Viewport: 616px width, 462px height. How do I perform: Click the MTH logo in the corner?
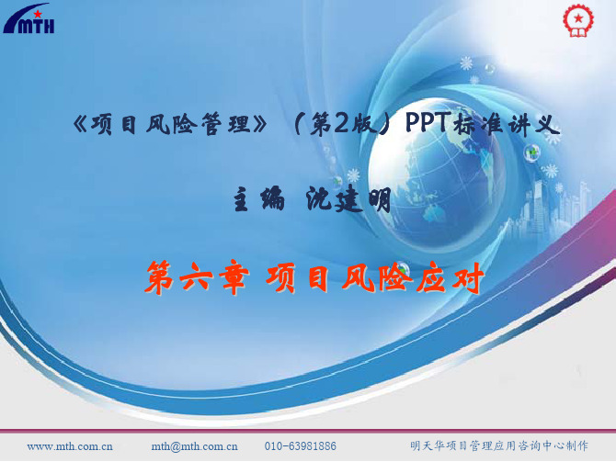(x=29, y=18)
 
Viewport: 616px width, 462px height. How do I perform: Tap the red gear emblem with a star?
(x=578, y=20)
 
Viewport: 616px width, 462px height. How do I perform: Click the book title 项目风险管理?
(x=171, y=124)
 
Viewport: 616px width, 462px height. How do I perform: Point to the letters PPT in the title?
(x=428, y=123)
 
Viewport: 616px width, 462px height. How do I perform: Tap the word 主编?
(x=258, y=200)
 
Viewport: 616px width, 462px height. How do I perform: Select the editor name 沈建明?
(x=348, y=200)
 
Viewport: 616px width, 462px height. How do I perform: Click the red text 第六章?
(x=197, y=277)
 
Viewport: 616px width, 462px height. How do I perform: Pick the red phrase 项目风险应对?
(x=374, y=277)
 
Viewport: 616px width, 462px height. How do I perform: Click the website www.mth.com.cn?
(x=70, y=446)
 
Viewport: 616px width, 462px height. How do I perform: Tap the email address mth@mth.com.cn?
(x=195, y=446)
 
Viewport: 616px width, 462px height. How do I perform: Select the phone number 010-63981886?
(x=300, y=446)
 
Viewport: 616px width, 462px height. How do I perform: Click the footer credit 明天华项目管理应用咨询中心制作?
(x=499, y=445)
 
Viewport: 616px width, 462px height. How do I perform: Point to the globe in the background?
(x=436, y=173)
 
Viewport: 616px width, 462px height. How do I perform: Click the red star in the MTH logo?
(x=38, y=14)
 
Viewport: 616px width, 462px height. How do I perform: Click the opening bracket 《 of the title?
(x=81, y=124)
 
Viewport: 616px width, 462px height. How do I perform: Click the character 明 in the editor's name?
(x=380, y=200)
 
